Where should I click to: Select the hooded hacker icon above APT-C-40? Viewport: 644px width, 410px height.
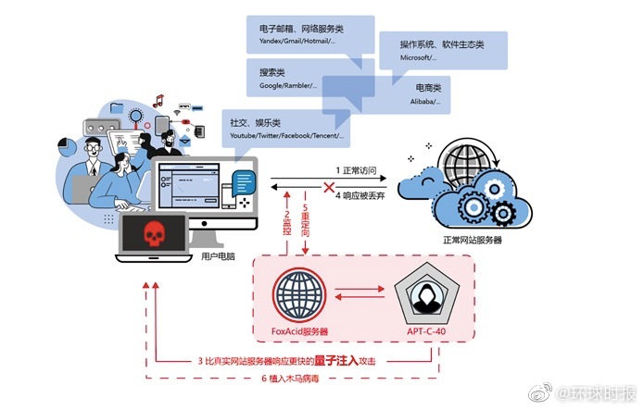click(x=428, y=294)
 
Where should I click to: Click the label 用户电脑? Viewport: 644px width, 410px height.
click(x=219, y=255)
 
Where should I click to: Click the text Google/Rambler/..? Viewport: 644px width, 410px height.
click(x=279, y=87)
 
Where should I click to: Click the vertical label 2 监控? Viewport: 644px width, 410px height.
click(x=287, y=218)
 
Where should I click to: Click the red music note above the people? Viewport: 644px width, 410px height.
click(x=158, y=100)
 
